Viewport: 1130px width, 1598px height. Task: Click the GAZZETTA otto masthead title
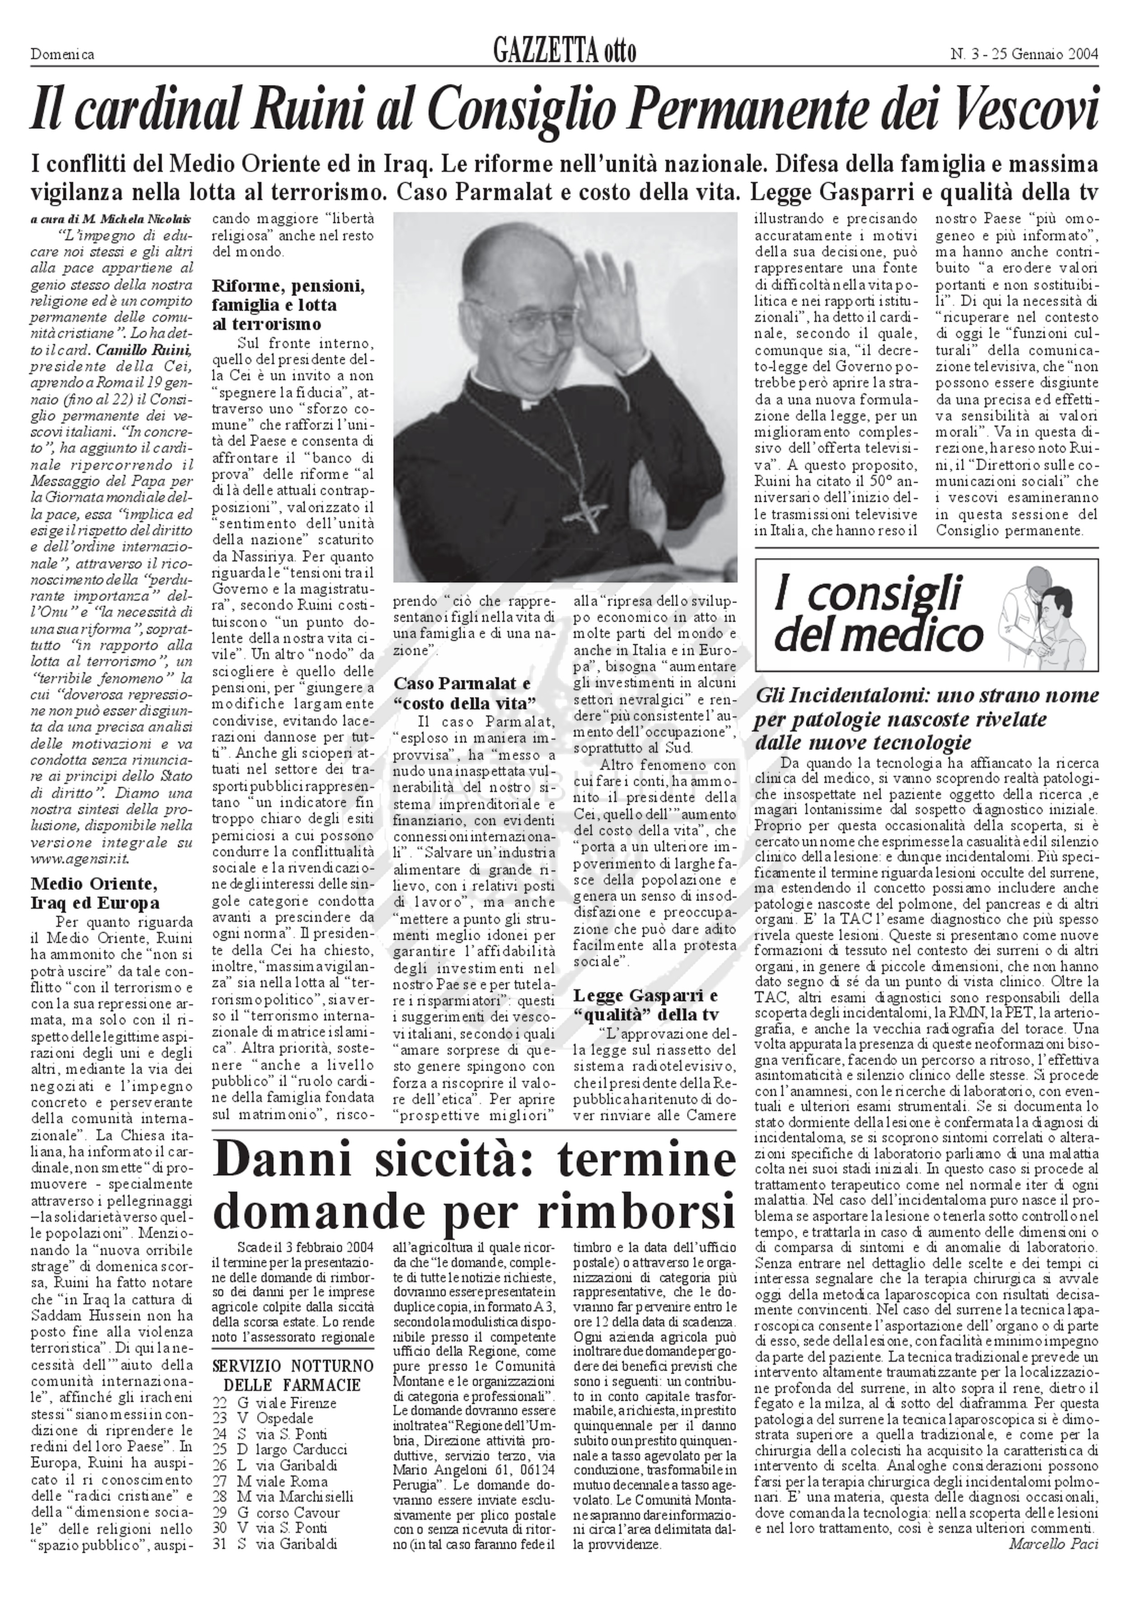pyautogui.click(x=564, y=52)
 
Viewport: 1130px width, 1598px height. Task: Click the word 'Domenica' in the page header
pyautogui.click(x=63, y=54)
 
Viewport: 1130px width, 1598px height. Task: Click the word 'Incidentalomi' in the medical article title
pyautogui.click(x=853, y=695)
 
